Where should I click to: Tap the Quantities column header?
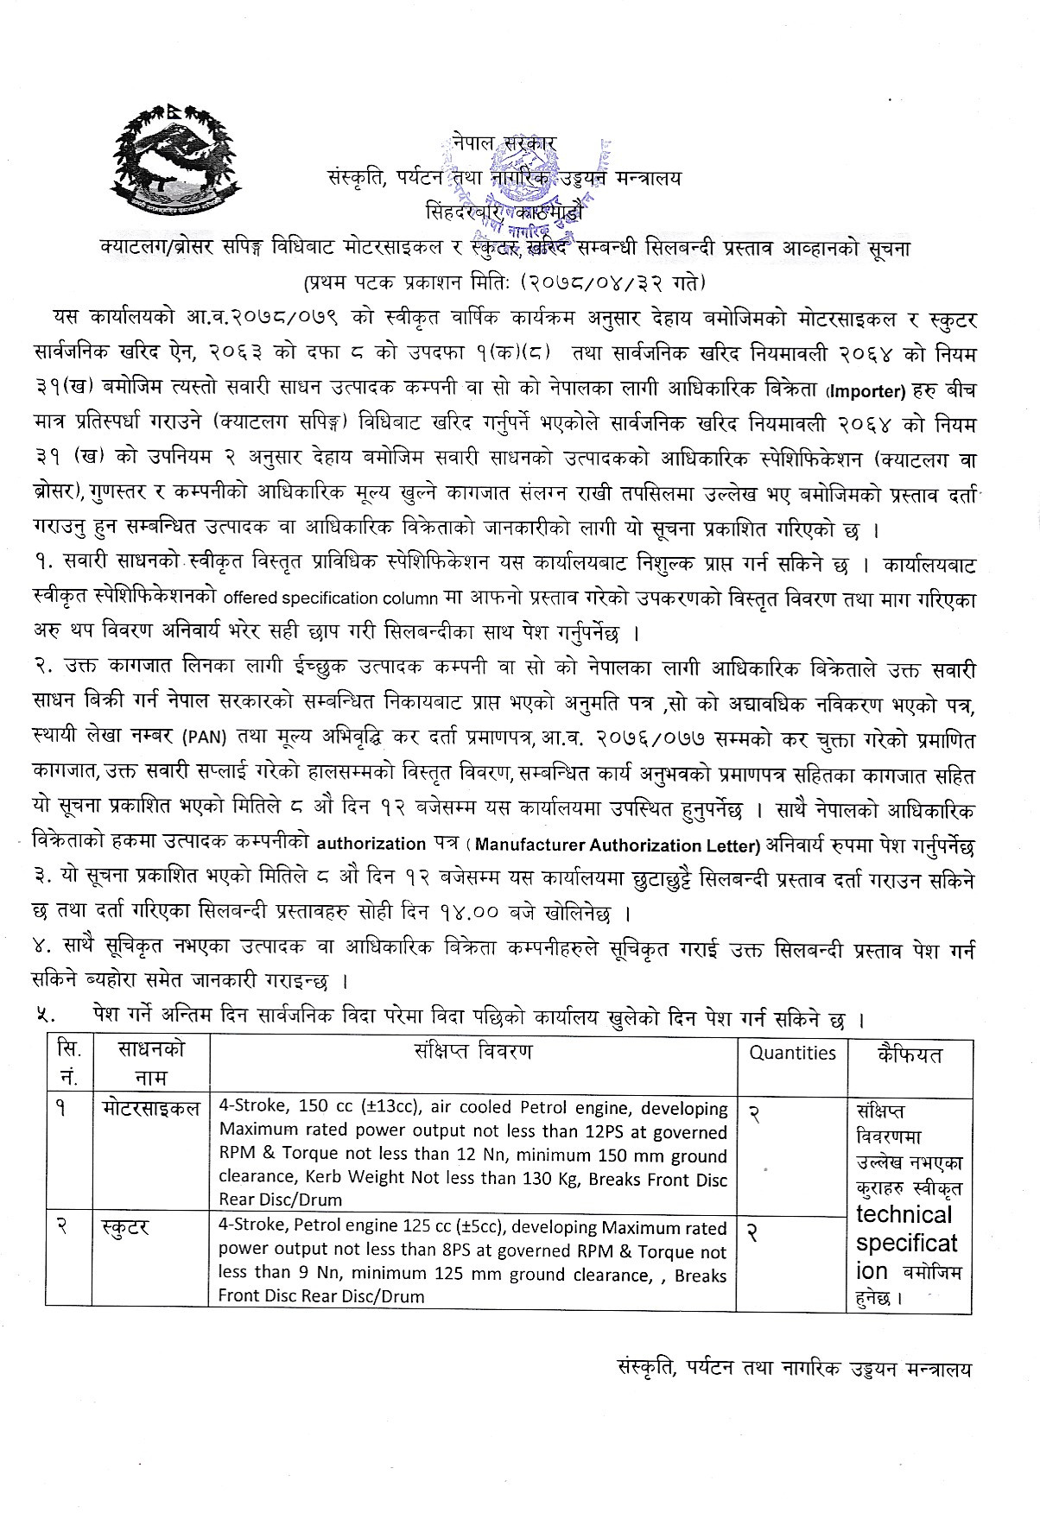click(792, 1053)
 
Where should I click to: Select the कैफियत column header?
click(909, 1054)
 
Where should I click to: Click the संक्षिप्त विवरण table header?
click(472, 1051)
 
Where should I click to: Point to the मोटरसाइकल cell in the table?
click(149, 1108)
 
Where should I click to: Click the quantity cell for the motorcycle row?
click(754, 1115)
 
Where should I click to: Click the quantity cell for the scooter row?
click(754, 1234)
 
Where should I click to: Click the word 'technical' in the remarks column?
click(904, 1215)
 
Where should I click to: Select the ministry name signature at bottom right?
click(795, 1370)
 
